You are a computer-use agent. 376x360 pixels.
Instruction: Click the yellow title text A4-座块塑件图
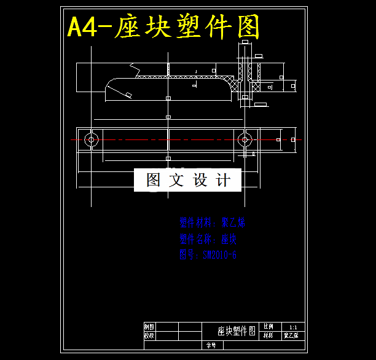click(163, 27)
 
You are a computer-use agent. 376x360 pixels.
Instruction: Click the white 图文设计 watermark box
click(187, 180)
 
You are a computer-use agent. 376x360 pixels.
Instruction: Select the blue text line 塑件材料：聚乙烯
click(212, 222)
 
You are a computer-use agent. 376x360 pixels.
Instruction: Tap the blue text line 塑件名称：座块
click(208, 238)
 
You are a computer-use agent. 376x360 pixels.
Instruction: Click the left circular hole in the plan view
click(92, 139)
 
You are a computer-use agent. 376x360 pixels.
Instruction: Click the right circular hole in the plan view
click(245, 139)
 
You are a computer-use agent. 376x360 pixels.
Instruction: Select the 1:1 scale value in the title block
click(293, 327)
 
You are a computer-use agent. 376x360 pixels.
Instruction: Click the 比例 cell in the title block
click(268, 327)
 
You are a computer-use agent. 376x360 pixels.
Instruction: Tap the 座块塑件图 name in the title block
click(232, 331)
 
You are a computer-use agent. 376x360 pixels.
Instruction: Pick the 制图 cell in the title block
click(149, 327)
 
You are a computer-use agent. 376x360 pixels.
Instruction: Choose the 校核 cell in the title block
click(149, 336)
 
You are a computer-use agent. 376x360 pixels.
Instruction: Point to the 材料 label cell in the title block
click(268, 336)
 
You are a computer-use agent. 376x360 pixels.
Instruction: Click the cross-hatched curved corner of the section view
click(230, 84)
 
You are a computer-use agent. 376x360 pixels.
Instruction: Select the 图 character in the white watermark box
click(152, 180)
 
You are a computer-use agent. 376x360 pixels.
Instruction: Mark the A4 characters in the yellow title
click(82, 28)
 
